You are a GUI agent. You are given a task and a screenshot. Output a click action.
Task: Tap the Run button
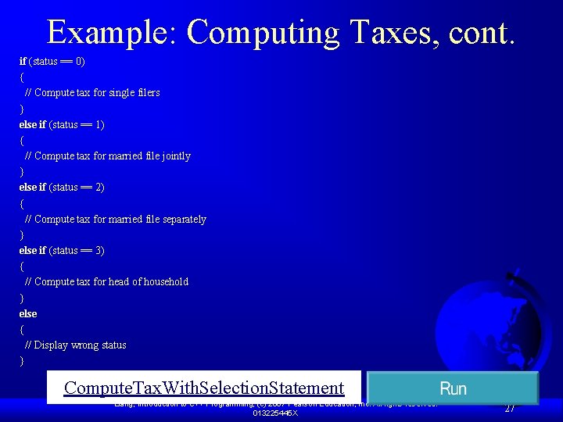tap(453, 388)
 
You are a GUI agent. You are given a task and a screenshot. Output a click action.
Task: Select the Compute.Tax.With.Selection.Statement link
tap(204, 388)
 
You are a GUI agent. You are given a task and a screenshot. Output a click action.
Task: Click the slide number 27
tap(509, 408)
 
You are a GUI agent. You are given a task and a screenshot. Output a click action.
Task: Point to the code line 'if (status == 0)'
tap(52, 61)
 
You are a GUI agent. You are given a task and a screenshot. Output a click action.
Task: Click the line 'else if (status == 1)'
tap(62, 124)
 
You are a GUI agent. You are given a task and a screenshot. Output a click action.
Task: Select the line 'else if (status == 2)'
tap(62, 188)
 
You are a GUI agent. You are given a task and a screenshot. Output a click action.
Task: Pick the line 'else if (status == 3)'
tap(62, 251)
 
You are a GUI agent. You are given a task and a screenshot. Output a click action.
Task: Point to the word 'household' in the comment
tap(166, 282)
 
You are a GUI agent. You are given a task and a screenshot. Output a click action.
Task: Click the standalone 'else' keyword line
tap(28, 314)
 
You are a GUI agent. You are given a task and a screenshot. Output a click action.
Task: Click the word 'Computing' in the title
tap(262, 33)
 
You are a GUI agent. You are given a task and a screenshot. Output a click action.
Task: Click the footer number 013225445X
tap(275, 413)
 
